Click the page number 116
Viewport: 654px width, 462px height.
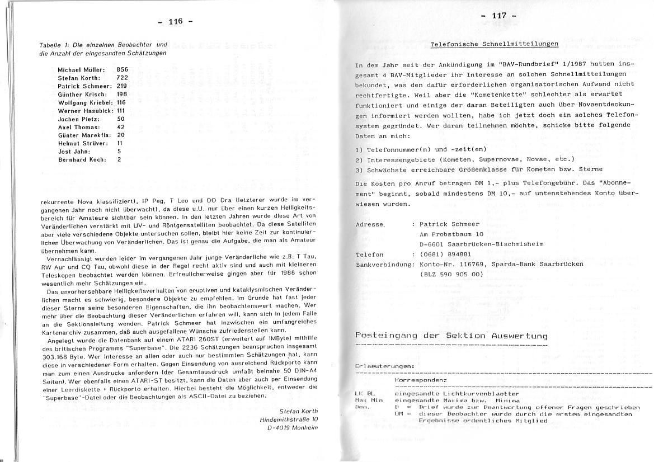tap(176, 22)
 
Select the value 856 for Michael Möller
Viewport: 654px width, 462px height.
tap(123, 70)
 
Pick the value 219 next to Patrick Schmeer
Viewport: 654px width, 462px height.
tap(122, 86)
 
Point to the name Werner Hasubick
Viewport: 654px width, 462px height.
tap(83, 111)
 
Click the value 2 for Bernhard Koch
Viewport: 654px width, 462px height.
tap(119, 159)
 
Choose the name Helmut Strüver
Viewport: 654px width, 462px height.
tap(82, 143)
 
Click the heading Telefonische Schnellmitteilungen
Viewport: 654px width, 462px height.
tap(494, 44)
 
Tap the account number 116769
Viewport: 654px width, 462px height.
tap(468, 264)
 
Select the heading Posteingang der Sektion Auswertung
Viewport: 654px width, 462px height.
tap(451, 336)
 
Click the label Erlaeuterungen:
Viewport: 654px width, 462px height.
tap(384, 366)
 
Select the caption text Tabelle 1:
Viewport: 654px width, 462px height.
tap(55, 44)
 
